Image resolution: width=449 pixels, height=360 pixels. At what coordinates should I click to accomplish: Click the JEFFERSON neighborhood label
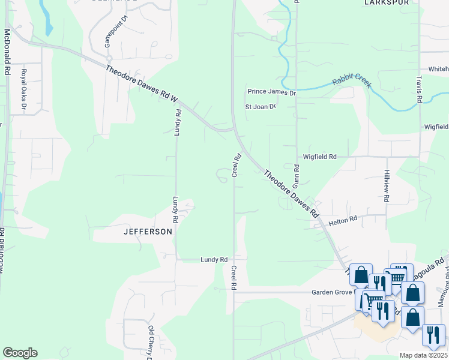[x=148, y=231]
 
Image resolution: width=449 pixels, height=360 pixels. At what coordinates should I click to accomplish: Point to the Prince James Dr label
[x=272, y=92]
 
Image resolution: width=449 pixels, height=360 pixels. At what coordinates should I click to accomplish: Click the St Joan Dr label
[x=260, y=107]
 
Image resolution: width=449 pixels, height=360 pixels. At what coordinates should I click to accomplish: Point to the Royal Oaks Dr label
[x=25, y=90]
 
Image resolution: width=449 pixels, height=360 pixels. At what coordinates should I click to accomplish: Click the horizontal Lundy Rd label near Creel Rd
[x=214, y=260]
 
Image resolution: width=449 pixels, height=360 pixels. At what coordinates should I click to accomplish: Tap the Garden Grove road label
[x=333, y=292]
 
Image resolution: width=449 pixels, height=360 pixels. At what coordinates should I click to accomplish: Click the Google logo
[x=20, y=353]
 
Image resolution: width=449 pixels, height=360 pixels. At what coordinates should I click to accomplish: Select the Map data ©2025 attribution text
[x=423, y=355]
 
